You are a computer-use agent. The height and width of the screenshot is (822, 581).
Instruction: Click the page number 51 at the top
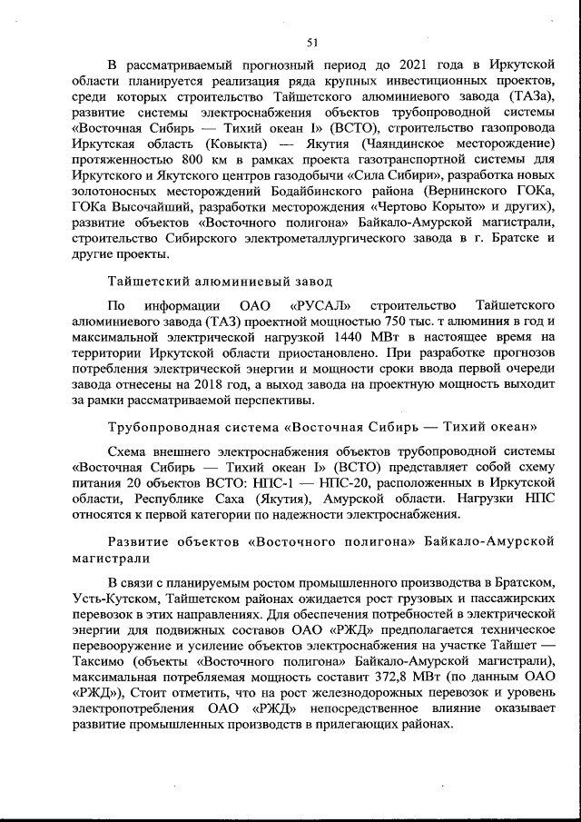pyautogui.click(x=312, y=41)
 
